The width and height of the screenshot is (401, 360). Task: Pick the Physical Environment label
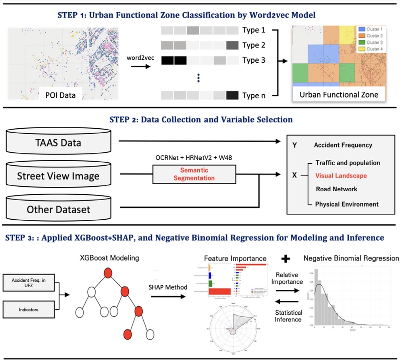click(347, 204)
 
